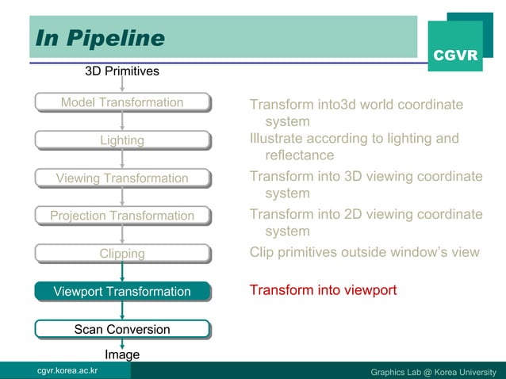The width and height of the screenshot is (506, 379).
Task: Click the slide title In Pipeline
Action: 98,38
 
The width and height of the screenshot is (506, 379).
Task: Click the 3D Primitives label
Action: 122,71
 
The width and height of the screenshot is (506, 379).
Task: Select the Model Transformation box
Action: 122,102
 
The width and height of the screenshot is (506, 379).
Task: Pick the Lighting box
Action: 122,140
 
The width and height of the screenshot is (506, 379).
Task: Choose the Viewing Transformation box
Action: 122,178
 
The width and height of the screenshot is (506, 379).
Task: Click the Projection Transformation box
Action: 122,216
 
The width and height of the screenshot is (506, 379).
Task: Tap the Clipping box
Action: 122,254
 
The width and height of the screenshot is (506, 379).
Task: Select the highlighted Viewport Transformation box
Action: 122,292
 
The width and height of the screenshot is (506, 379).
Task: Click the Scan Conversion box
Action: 122,329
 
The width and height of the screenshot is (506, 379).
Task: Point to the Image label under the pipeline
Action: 122,354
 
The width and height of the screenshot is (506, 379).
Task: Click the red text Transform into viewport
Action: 323,290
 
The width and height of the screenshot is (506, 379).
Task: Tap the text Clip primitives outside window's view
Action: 364,252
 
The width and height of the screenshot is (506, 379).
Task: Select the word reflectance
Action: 300,155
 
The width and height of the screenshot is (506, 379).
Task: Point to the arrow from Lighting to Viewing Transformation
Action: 122,159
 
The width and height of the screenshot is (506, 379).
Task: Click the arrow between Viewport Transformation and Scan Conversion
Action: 122,310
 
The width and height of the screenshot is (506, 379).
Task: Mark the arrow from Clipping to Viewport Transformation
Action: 122,273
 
